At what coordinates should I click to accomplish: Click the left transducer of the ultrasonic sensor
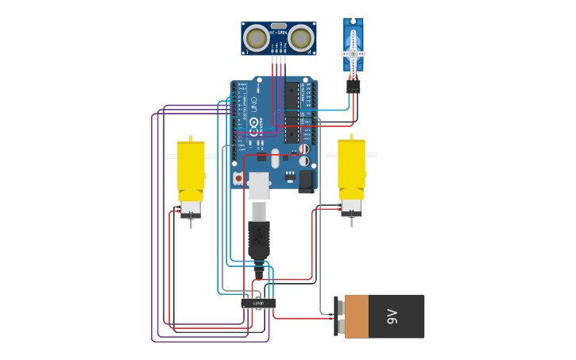point(256,37)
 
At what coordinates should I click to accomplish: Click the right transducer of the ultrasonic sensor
point(300,37)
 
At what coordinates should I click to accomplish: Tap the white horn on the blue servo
point(353,53)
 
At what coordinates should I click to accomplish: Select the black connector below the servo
point(353,85)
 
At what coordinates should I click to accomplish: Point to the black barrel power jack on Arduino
point(307,182)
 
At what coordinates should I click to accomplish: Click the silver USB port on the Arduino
point(259,184)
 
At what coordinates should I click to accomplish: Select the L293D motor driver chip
point(258,303)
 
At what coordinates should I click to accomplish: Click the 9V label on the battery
point(392,317)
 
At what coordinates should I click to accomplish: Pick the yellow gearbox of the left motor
point(191,167)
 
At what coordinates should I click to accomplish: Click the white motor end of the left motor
point(191,209)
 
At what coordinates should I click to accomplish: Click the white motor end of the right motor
point(351,207)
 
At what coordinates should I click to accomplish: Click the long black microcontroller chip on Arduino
point(292,111)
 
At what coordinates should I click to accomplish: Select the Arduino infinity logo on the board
point(254,123)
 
